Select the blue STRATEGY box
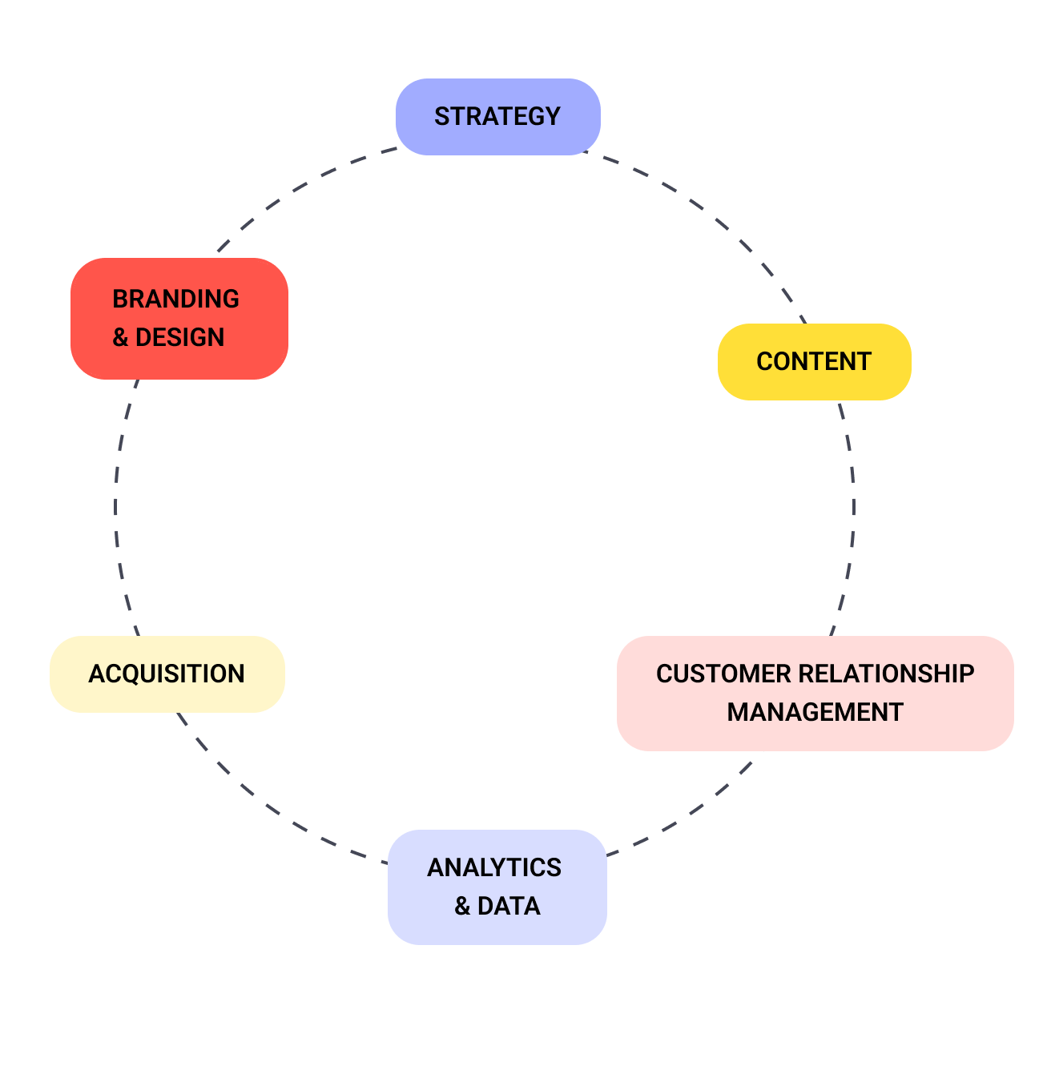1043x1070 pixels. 497,117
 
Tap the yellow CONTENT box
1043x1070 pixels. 814,362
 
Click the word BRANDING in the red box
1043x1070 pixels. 175,299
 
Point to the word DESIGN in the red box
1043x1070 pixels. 180,338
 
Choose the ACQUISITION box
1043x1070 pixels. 167,674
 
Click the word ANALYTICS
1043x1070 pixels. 494,867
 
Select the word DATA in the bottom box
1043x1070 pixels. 509,907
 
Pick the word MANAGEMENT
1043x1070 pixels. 815,713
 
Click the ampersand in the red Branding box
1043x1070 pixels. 120,338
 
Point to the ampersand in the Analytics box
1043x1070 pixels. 462,907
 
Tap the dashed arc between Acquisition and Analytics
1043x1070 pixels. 264,808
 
